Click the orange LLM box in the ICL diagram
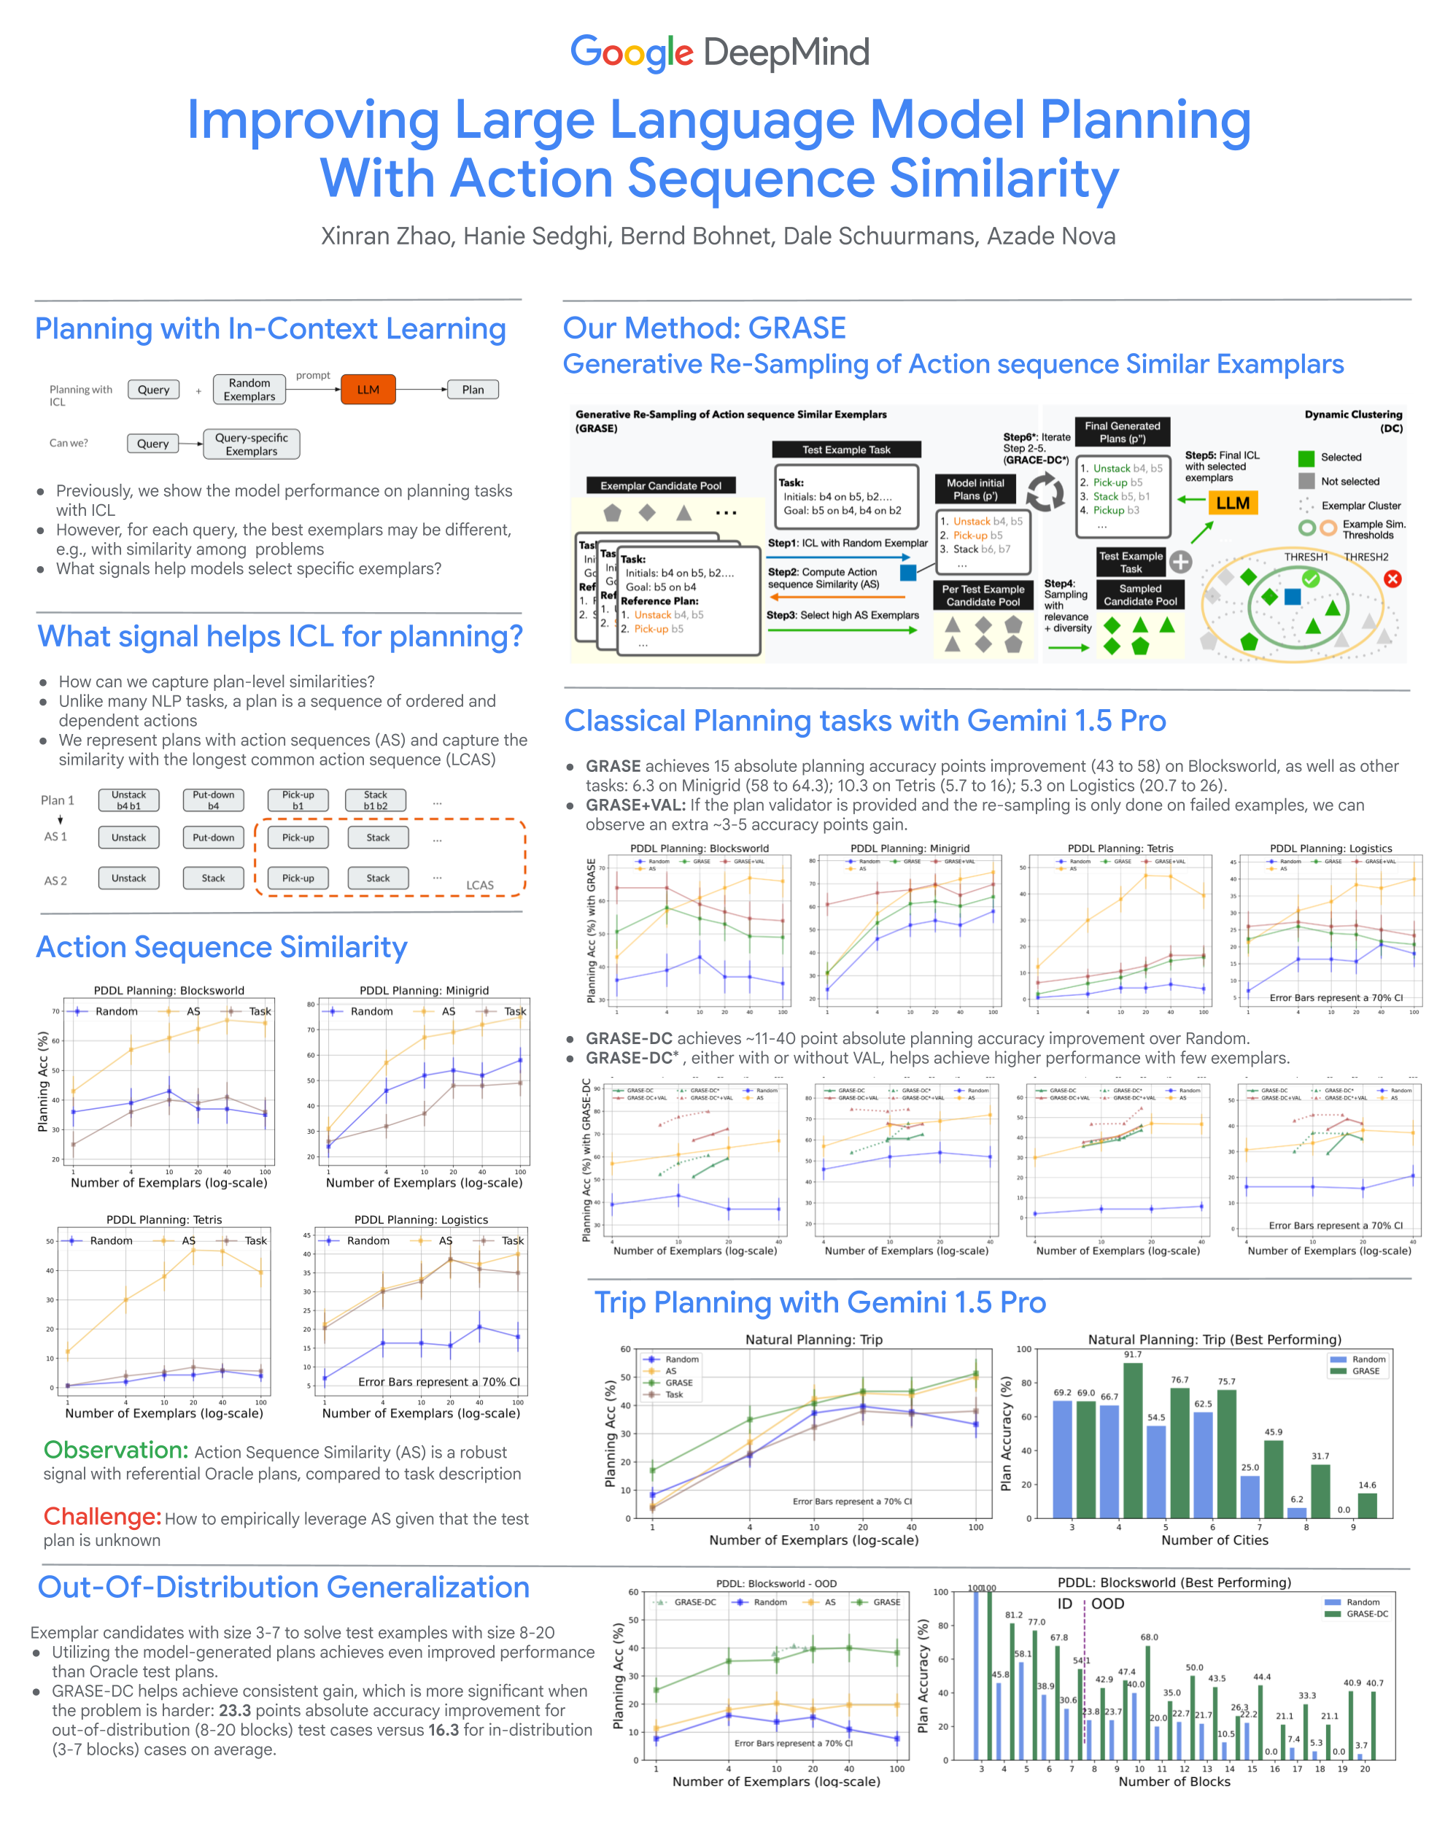(x=368, y=390)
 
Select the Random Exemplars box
(x=249, y=390)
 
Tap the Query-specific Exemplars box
(x=251, y=444)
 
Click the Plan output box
(x=472, y=390)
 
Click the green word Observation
(x=116, y=1450)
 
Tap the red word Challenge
(x=102, y=1516)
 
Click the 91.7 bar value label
(x=1132, y=1355)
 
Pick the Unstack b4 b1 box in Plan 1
(x=128, y=800)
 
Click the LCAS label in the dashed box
(x=479, y=885)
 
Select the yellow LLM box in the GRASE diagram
(x=1233, y=503)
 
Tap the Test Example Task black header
(x=845, y=450)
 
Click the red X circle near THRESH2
(x=1393, y=579)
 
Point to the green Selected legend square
(x=1306, y=457)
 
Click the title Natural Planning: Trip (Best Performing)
(x=1214, y=1340)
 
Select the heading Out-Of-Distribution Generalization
(x=284, y=1587)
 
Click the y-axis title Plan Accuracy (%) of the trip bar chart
(x=1005, y=1434)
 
